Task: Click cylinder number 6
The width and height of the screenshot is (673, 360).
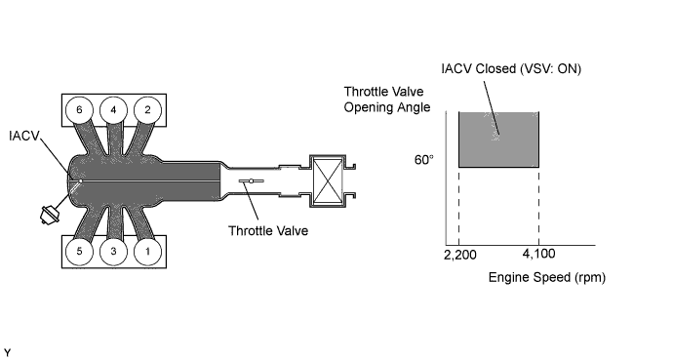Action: pos(79,110)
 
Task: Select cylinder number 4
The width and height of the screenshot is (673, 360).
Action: pos(114,110)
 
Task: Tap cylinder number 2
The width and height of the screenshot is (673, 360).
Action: pos(147,110)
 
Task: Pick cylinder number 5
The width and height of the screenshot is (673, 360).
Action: pos(79,252)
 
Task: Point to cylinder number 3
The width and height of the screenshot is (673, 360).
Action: pos(114,252)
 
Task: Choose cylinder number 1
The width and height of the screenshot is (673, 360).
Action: pos(147,252)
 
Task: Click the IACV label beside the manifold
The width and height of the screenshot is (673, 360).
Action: pos(24,136)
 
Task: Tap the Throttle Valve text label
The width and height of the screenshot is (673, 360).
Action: pos(268,231)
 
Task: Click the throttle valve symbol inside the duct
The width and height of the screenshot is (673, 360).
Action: pos(252,181)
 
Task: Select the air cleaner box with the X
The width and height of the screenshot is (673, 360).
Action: pos(328,181)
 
